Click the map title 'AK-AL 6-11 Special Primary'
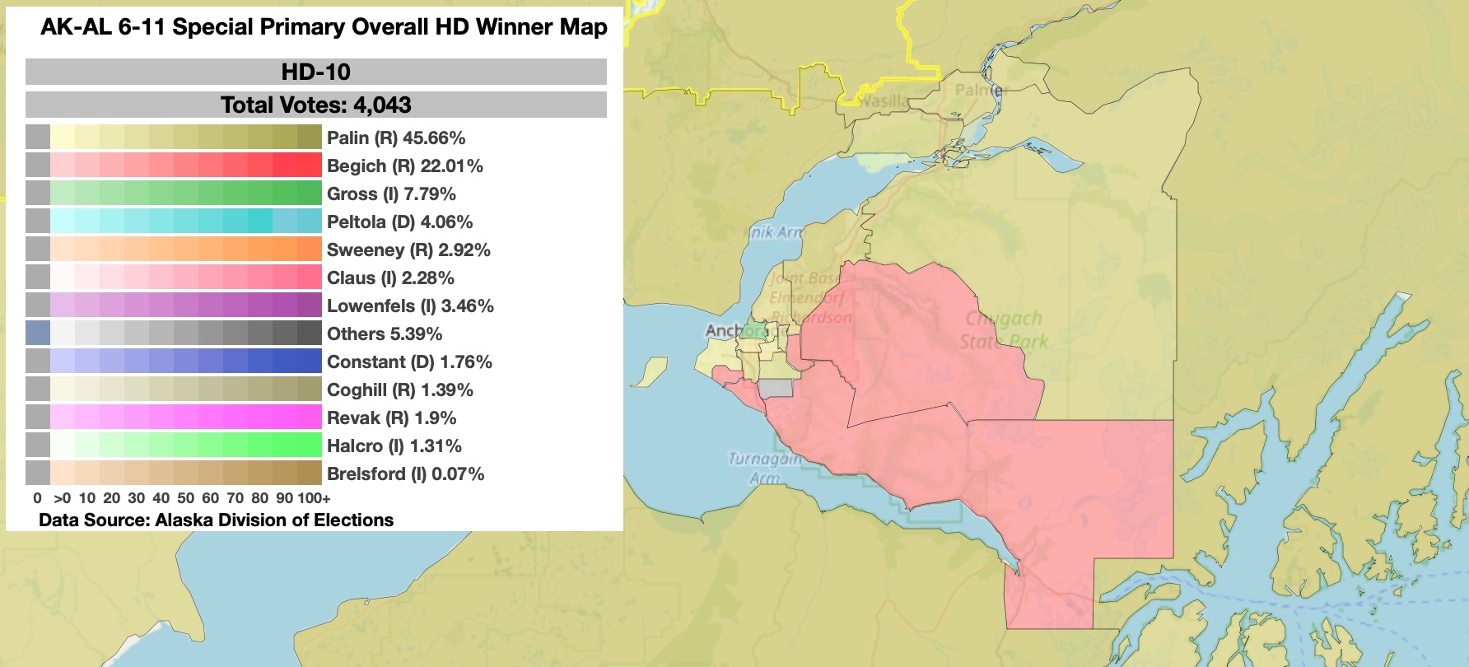click(x=324, y=27)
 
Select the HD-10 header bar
click(x=316, y=72)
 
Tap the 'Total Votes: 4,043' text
click(x=316, y=105)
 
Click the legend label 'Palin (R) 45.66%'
click(x=396, y=138)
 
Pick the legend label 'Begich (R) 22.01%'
click(x=405, y=166)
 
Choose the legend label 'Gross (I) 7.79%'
click(x=391, y=194)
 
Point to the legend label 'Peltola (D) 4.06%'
click(x=399, y=222)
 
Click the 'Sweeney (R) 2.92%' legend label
click(x=408, y=250)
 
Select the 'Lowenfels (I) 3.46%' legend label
click(x=410, y=306)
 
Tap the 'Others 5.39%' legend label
click(x=385, y=334)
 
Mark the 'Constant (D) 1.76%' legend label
click(x=409, y=362)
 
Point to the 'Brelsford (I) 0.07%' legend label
click(x=405, y=474)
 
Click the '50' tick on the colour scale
click(x=186, y=498)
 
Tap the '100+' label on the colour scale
click(x=314, y=498)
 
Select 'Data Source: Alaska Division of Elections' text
click(x=216, y=520)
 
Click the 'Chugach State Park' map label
click(x=1004, y=329)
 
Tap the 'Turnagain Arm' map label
click(x=765, y=468)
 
